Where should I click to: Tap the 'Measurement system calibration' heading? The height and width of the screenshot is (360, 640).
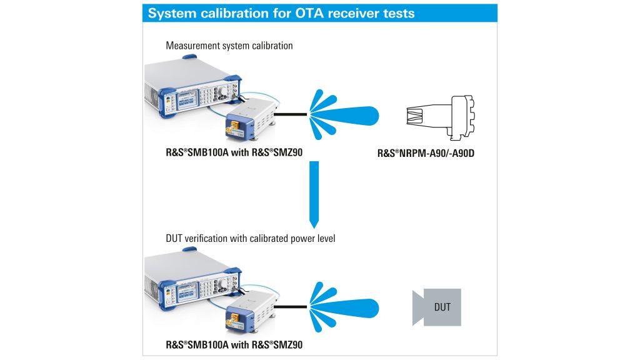click(x=229, y=46)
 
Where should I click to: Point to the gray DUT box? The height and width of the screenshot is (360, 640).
click(x=437, y=307)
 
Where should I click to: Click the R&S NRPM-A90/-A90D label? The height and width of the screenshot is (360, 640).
click(x=426, y=152)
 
